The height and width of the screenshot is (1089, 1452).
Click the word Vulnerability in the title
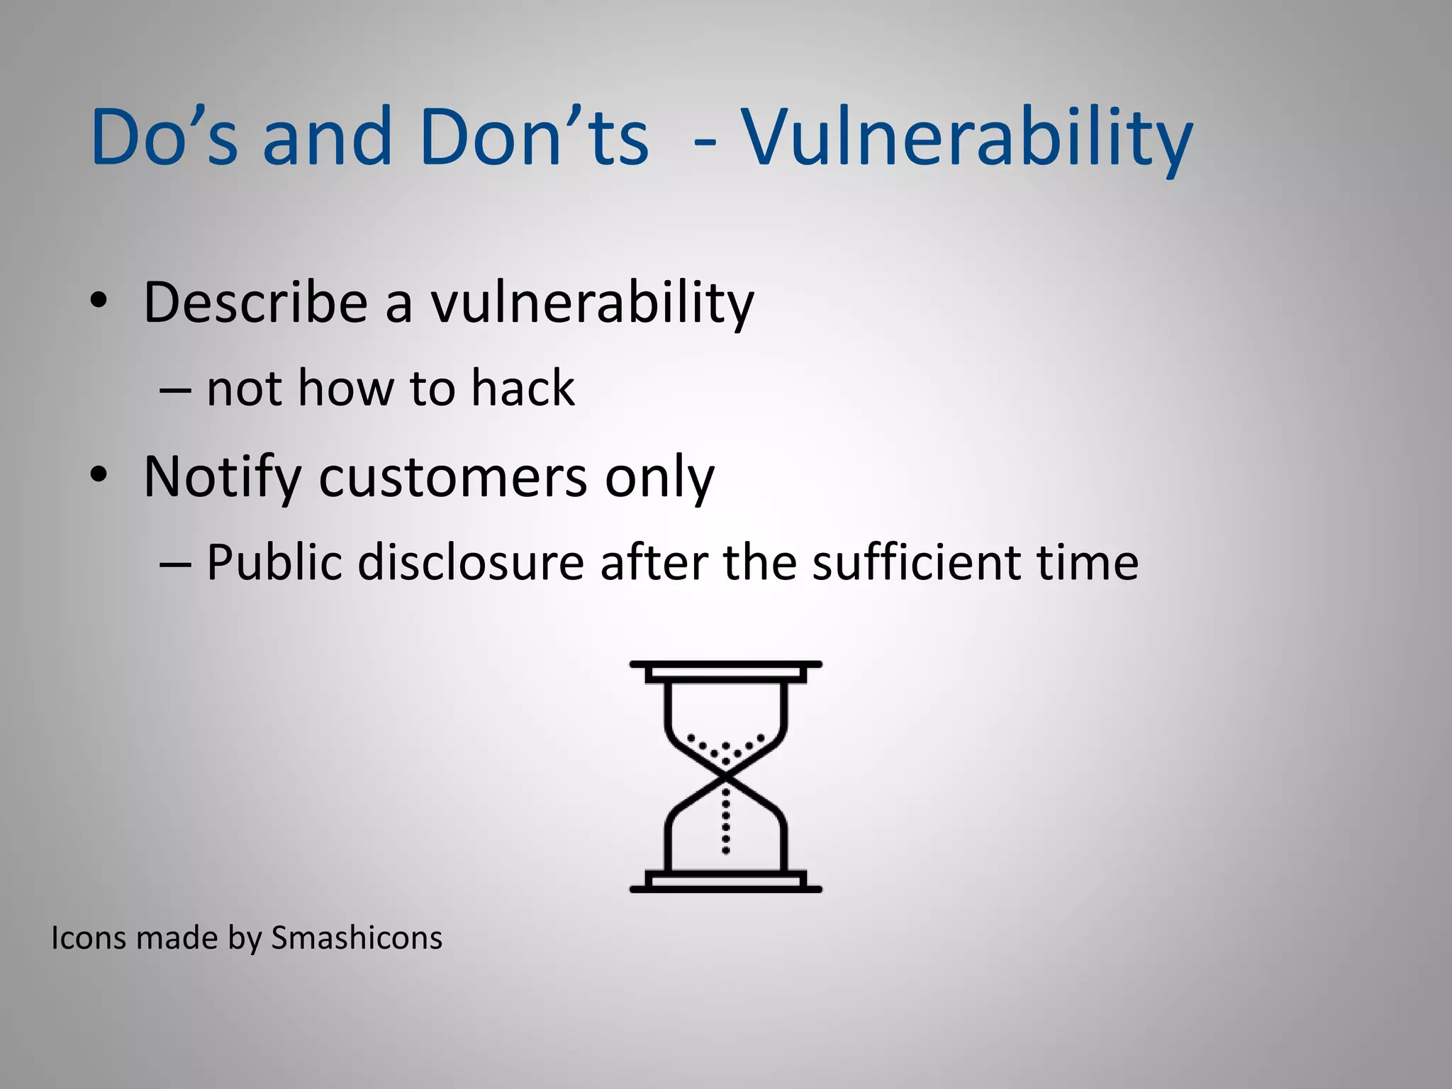967,138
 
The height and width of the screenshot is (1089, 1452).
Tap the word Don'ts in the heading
533,136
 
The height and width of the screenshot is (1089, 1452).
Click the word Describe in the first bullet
255,303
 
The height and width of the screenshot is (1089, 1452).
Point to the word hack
523,389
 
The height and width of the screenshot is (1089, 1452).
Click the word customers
453,476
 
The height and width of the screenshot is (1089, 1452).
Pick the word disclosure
471,562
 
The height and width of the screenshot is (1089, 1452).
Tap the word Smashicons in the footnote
357,938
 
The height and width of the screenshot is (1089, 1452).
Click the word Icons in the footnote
89,938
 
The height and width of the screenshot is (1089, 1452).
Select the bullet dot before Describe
99,301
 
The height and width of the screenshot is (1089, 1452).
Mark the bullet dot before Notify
99,474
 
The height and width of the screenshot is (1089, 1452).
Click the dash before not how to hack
175,390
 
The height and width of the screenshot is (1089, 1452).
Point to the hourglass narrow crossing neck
725,778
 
